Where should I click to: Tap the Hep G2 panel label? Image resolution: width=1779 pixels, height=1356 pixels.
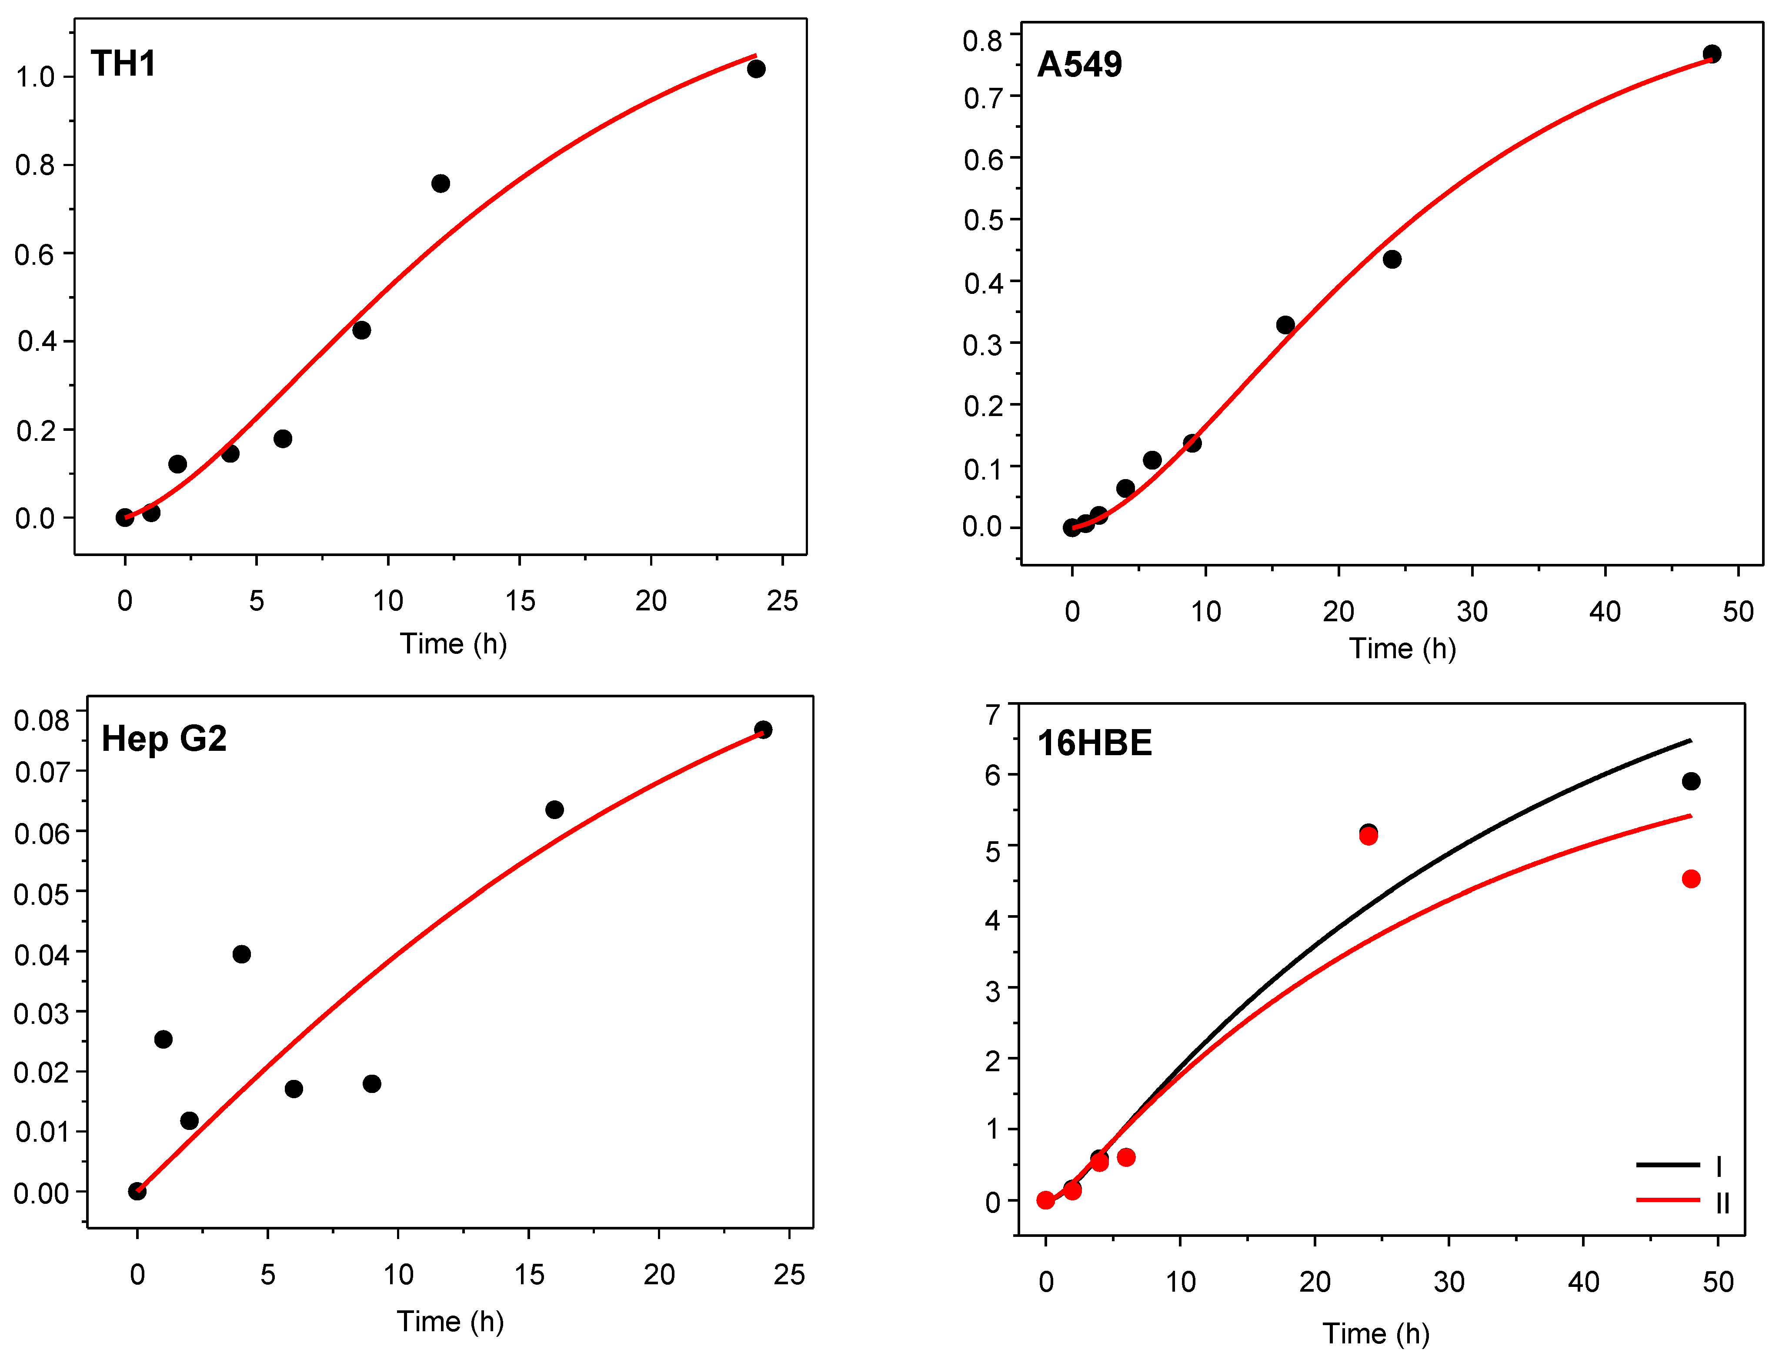coord(164,739)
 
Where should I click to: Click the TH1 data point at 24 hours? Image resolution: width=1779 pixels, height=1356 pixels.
coord(755,69)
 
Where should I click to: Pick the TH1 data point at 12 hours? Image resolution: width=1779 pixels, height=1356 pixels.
coord(440,183)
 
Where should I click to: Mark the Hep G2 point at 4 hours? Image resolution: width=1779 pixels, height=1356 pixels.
coord(241,954)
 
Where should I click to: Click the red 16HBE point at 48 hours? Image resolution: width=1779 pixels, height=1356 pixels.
coord(1691,879)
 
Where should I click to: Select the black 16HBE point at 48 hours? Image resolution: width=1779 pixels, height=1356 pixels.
coord(1691,781)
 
